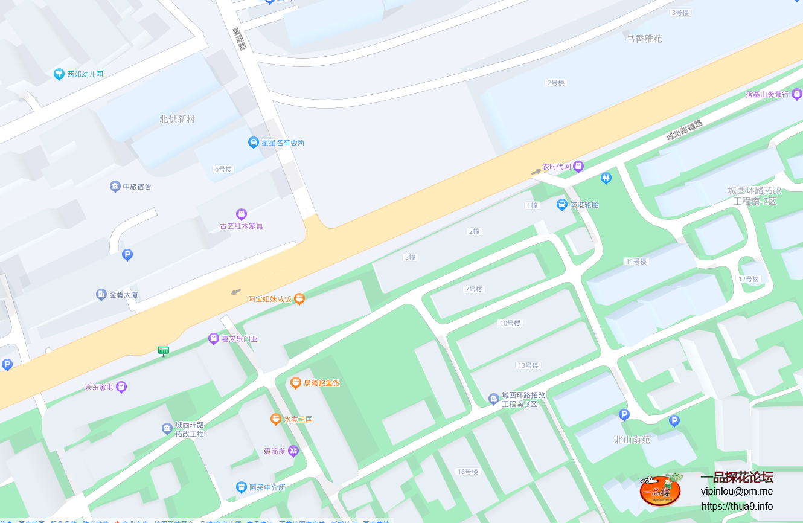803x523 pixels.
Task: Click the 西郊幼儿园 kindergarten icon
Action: pos(59,74)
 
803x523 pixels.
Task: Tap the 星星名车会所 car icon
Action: pos(254,143)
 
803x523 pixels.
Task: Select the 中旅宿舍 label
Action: pos(136,187)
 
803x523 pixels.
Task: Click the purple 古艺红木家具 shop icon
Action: pos(242,214)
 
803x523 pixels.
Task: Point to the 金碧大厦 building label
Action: pos(124,295)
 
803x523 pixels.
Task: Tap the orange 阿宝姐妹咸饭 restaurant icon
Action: pos(299,299)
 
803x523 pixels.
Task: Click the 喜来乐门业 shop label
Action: pos(240,339)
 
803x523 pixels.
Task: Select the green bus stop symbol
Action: pos(163,350)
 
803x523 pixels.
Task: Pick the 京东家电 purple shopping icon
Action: pos(121,387)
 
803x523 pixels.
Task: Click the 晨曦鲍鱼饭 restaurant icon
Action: pos(296,383)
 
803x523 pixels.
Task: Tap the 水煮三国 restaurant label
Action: pos(298,419)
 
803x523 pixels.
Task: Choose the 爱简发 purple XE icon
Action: pos(293,451)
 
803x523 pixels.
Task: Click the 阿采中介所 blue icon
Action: pos(242,487)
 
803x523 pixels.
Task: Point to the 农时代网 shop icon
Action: pos(578,166)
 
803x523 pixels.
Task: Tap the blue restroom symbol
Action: pos(606,178)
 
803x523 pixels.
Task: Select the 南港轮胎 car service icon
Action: pos(562,205)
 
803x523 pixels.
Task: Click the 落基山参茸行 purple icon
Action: pos(797,94)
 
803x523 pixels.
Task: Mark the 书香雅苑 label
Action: pos(644,39)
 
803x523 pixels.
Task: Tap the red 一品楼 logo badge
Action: pos(661,489)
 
